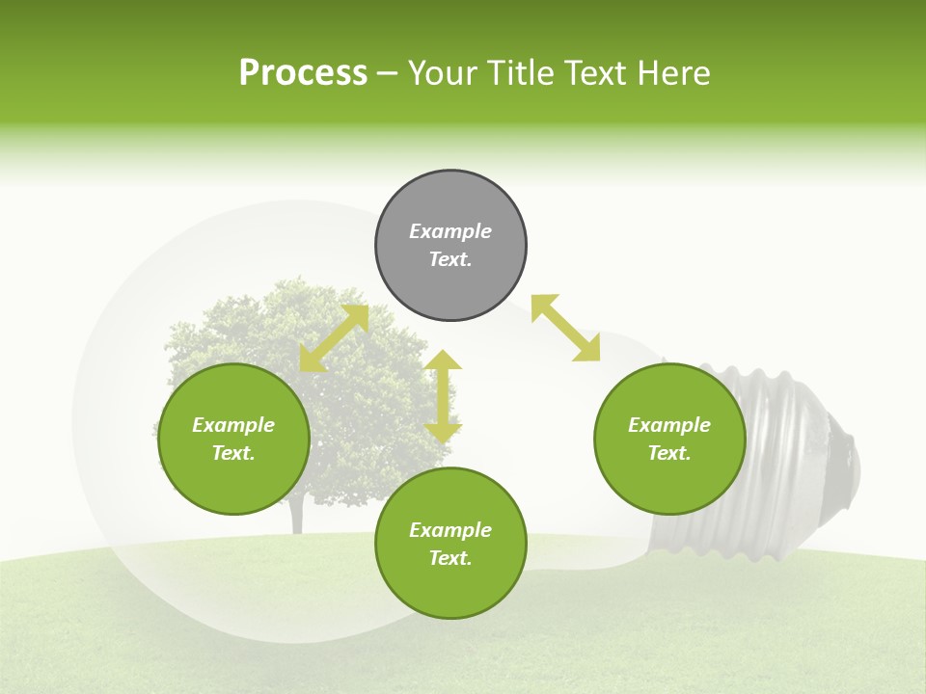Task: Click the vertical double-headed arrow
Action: tap(443, 396)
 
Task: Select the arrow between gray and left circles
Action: tap(334, 338)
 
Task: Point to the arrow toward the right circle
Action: tap(565, 328)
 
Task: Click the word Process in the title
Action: tap(303, 73)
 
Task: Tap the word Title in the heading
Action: tap(524, 73)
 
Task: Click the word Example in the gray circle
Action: tap(450, 231)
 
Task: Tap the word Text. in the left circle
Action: tap(233, 453)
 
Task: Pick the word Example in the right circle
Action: tap(669, 425)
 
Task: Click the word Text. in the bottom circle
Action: tap(450, 558)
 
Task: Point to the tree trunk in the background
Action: tap(297, 517)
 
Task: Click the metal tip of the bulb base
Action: tap(849, 467)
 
